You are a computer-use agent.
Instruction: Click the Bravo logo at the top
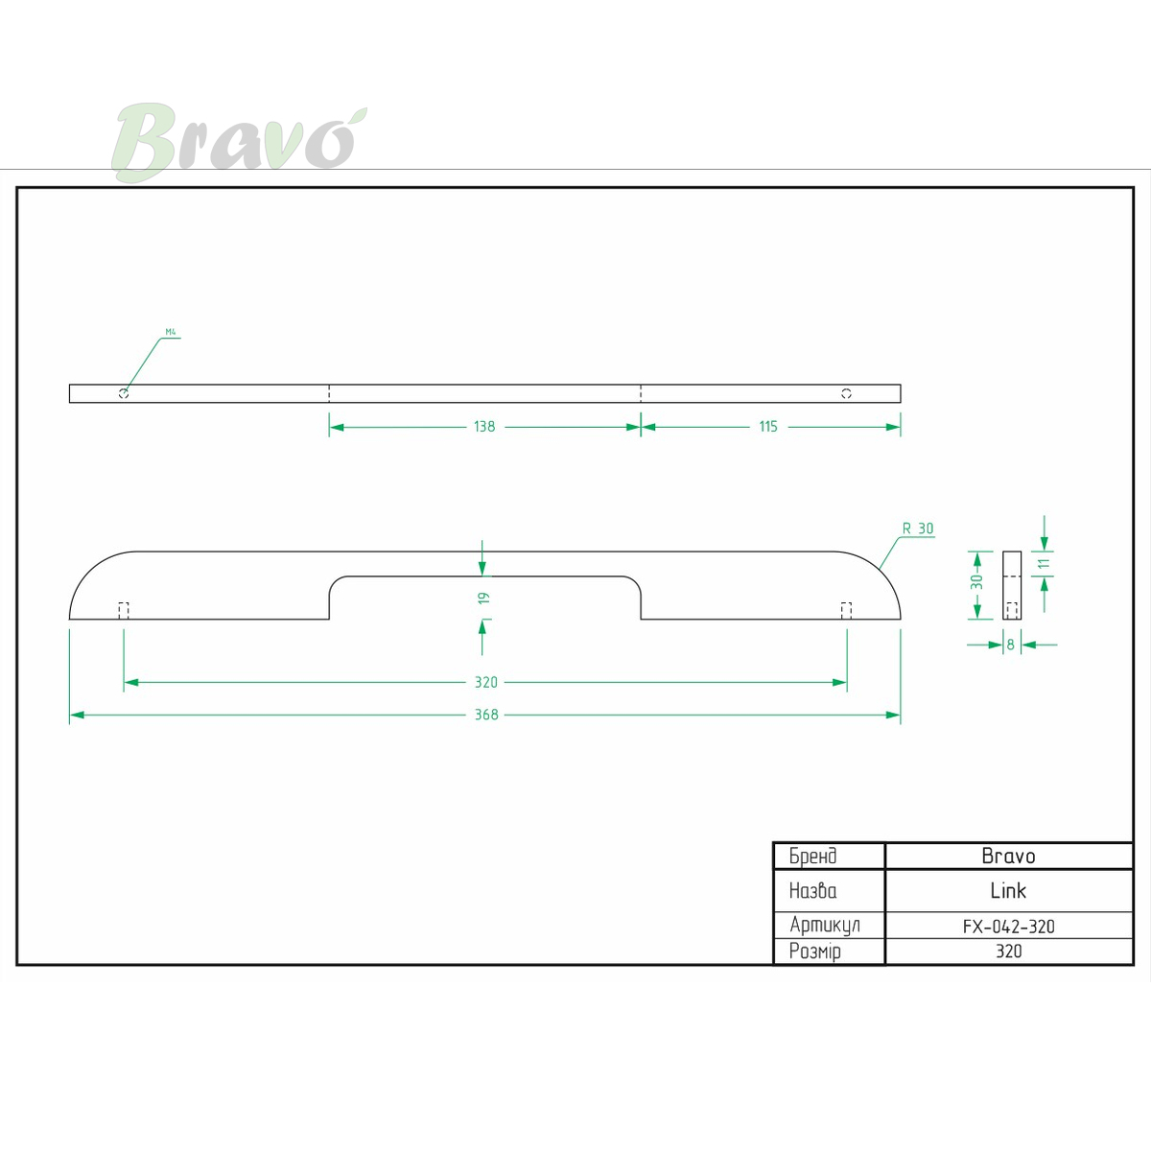239,142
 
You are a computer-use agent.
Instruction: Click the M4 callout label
171,332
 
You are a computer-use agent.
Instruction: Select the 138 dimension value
484,427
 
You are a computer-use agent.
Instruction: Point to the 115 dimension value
768,427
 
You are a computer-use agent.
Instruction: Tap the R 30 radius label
918,529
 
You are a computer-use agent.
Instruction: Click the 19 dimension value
483,598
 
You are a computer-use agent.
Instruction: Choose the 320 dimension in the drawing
485,682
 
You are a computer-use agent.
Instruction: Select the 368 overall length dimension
486,715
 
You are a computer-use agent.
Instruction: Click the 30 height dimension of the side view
976,581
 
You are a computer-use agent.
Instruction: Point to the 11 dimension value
1044,563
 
